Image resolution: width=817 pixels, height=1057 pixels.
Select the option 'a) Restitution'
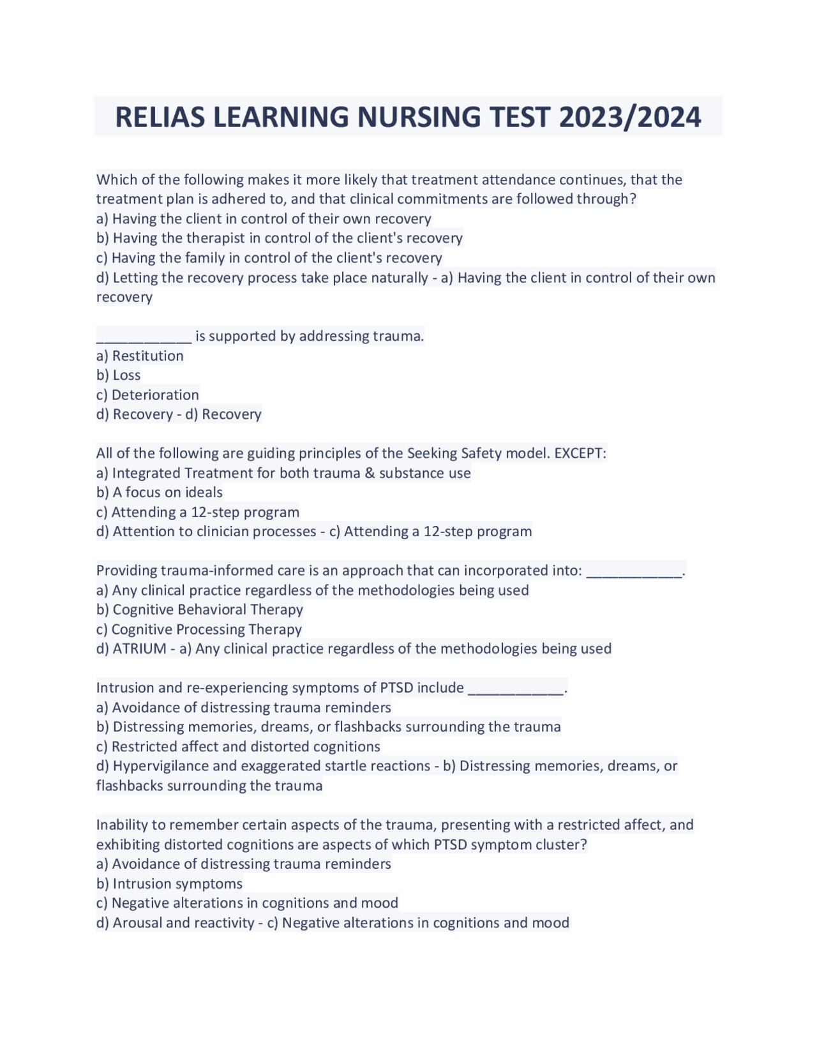click(140, 356)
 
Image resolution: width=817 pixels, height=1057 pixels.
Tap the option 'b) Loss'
click(119, 375)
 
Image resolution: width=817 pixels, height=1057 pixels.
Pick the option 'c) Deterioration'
click(147, 395)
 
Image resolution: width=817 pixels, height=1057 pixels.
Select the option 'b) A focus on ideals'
click(160, 492)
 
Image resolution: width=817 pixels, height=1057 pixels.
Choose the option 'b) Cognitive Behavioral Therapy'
click(200, 610)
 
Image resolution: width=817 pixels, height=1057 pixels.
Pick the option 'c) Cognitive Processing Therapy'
click(199, 629)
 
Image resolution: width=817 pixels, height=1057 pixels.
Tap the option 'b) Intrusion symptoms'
click(170, 883)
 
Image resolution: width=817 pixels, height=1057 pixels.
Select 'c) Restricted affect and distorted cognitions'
click(238, 746)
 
